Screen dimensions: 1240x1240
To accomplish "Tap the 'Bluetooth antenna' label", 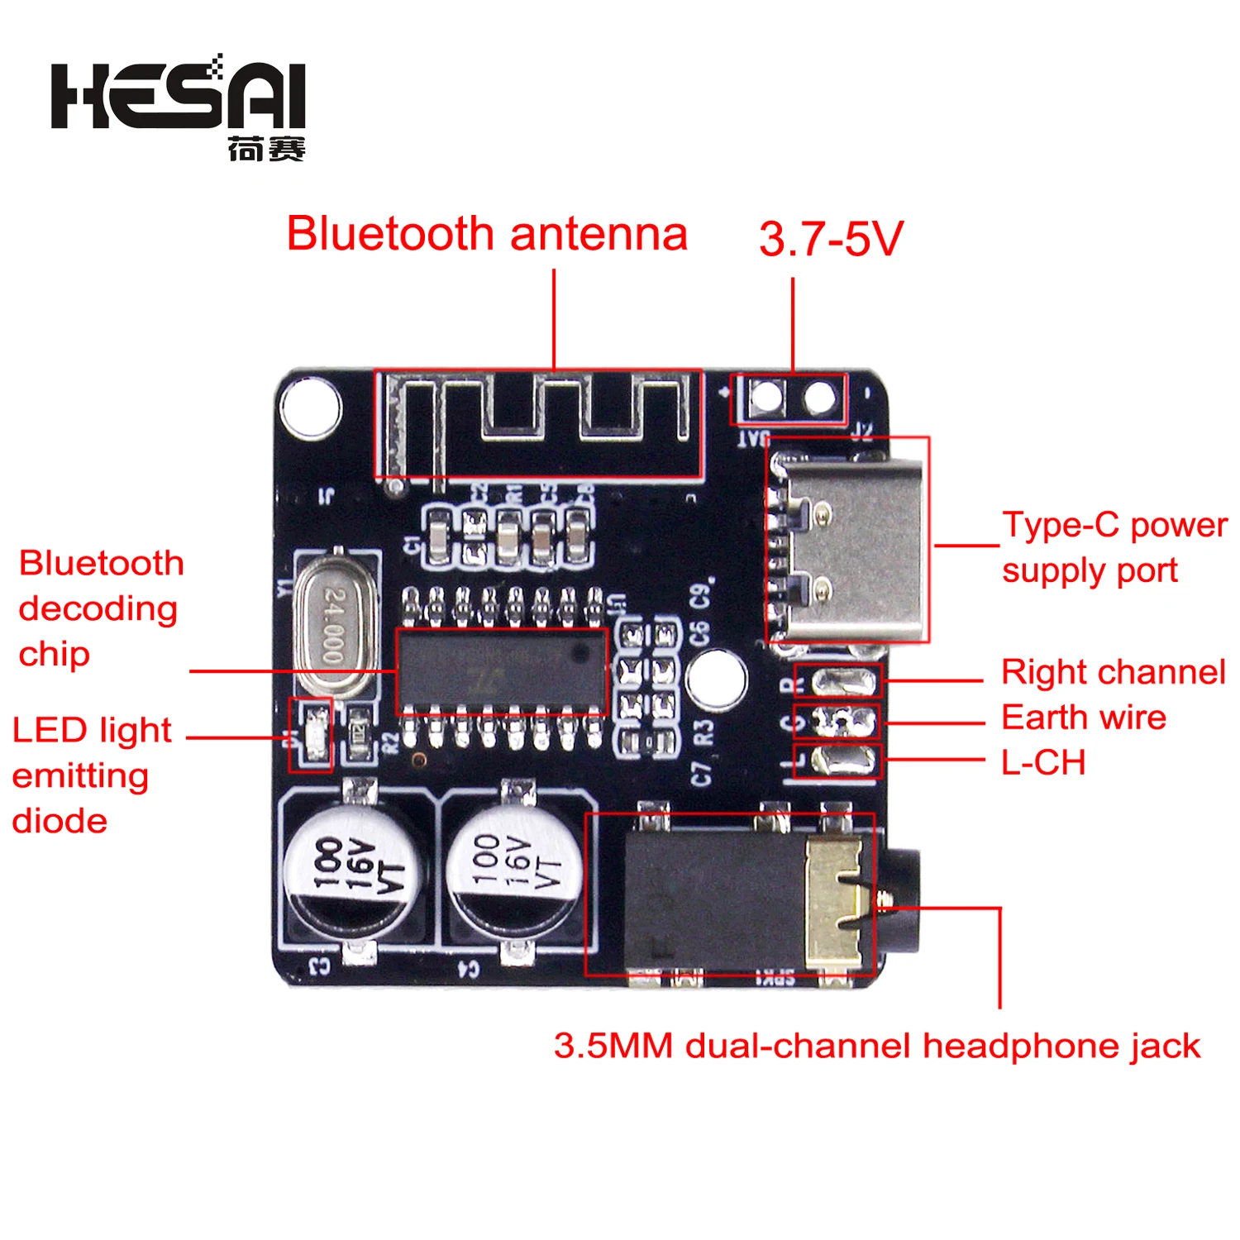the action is point(487,234).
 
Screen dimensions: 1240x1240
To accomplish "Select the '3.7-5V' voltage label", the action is point(831,239).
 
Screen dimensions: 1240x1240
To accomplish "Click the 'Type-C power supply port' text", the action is point(1113,547).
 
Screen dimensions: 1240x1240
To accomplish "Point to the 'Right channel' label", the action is point(1113,672).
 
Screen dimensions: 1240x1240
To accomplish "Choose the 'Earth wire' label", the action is point(1083,718).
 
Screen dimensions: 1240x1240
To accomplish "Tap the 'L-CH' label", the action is point(1043,762).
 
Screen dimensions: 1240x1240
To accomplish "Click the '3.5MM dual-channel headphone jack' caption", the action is point(876,1046).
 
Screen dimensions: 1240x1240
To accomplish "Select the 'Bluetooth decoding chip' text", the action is point(99,608).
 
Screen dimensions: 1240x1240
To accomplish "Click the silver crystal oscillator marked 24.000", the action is point(333,625).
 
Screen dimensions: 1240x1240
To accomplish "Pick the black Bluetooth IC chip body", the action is point(501,670).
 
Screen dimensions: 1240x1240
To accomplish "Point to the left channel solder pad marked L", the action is point(844,760).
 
